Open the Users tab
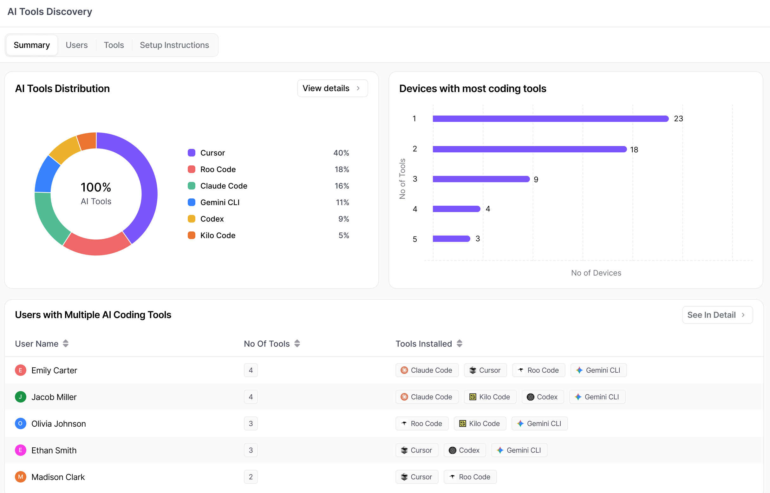pyautogui.click(x=76, y=45)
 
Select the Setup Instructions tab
pyautogui.click(x=174, y=45)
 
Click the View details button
pyautogui.click(x=332, y=88)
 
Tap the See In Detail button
pyautogui.click(x=717, y=315)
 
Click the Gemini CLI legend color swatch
pyautogui.click(x=192, y=202)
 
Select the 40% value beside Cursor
pyautogui.click(x=341, y=153)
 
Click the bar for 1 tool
pyautogui.click(x=551, y=119)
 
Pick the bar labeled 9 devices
pyautogui.click(x=481, y=179)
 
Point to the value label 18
pyautogui.click(x=634, y=150)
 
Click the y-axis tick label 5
pyautogui.click(x=415, y=239)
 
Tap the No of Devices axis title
pyautogui.click(x=596, y=273)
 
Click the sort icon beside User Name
pyautogui.click(x=66, y=343)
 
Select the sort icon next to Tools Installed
pyautogui.click(x=459, y=343)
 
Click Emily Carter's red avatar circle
pyautogui.click(x=21, y=370)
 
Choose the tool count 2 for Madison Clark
pyautogui.click(x=251, y=477)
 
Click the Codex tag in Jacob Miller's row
pyautogui.click(x=543, y=397)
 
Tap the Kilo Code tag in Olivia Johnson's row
pyautogui.click(x=480, y=423)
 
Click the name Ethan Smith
pyautogui.click(x=54, y=450)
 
